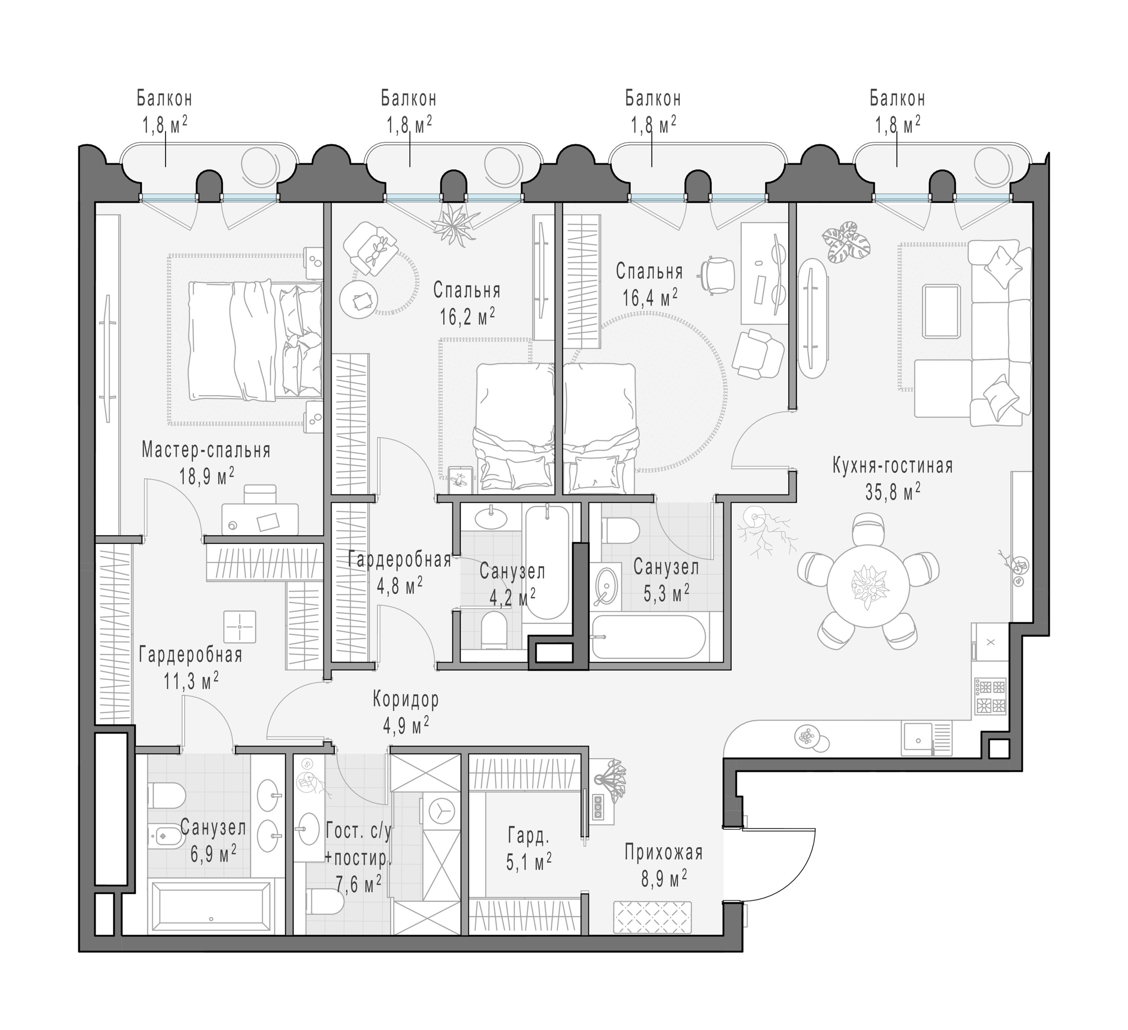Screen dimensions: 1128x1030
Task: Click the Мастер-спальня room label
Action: coord(206,450)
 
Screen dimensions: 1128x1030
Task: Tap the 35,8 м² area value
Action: coord(893,492)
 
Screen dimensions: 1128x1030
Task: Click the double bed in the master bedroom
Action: coord(255,341)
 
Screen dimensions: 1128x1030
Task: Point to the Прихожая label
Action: coord(664,853)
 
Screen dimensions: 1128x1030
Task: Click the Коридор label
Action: coord(406,699)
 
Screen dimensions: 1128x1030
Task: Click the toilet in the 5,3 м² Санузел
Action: coord(620,529)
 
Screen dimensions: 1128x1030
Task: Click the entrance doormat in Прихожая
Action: coord(652,918)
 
